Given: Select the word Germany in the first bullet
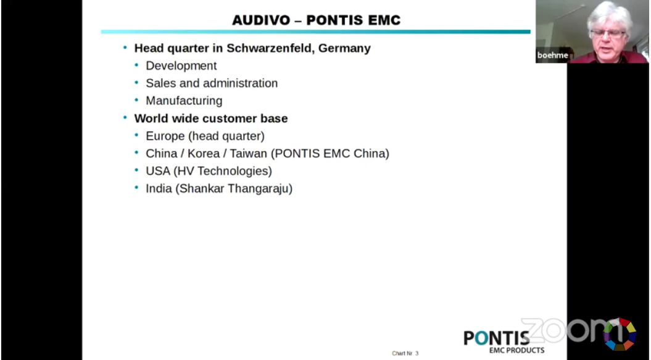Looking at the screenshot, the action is (344, 49).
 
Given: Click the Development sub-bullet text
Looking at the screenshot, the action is (181, 65).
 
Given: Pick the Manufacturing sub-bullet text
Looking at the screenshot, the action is (184, 101).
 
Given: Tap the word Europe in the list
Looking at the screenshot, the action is (165, 136).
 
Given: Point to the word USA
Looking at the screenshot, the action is (158, 171).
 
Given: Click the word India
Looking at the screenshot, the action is (159, 188).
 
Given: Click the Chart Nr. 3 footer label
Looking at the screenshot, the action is (405, 353).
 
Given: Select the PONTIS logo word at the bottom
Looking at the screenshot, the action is (497, 338).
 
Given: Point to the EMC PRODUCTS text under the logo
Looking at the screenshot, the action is (516, 350).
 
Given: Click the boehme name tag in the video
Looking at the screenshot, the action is (552, 56).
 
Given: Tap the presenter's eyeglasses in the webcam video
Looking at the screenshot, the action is (608, 33).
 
